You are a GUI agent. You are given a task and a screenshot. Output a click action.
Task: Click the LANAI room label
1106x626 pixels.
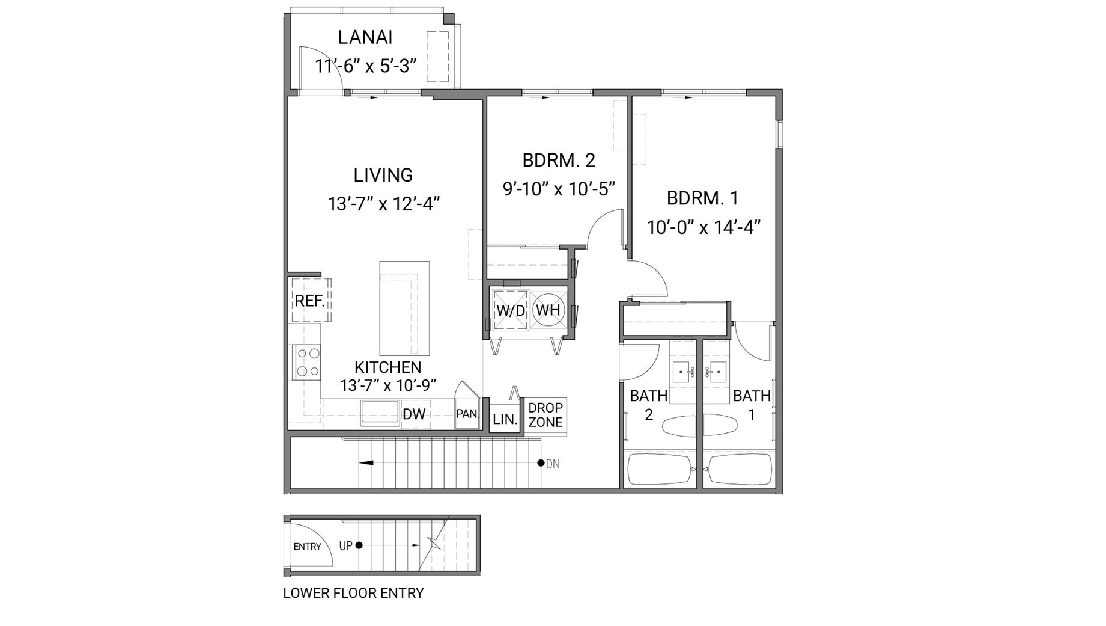coord(365,37)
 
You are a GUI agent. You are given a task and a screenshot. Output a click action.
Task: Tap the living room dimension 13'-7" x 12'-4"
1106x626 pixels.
coord(383,204)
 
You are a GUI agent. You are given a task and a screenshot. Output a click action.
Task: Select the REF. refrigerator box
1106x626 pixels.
coord(310,300)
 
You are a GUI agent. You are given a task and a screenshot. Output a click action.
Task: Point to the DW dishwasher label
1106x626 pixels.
coord(414,414)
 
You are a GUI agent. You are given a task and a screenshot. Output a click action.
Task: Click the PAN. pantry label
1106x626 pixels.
coord(467,414)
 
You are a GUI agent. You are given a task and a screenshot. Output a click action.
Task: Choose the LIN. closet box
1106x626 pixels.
coord(505,419)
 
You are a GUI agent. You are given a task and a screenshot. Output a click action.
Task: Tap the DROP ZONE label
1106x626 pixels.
coord(545,415)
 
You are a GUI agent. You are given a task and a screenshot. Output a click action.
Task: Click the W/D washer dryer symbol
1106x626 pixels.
coord(510,310)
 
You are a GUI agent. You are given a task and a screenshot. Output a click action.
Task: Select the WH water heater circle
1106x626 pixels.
coord(548,310)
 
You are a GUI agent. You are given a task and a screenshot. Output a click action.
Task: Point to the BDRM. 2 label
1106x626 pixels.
coord(558,161)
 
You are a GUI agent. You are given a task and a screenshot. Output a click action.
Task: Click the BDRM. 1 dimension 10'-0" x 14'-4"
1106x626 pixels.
coord(703,227)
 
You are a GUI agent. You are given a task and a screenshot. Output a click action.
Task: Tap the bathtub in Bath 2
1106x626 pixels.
coord(660,469)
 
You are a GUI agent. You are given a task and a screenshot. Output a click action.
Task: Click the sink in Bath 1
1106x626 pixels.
coord(717,372)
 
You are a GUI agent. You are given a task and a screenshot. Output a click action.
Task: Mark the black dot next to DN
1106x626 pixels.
coord(541,463)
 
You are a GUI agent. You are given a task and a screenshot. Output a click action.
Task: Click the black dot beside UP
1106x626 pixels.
coord(359,545)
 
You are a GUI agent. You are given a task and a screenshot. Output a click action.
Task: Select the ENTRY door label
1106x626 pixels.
coord(307,547)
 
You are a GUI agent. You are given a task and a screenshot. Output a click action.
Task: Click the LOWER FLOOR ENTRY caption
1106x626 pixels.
coord(353,593)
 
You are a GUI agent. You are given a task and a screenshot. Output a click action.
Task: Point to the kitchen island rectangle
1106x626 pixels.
coord(404,308)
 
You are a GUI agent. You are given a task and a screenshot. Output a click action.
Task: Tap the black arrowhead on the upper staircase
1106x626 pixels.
coord(366,463)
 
